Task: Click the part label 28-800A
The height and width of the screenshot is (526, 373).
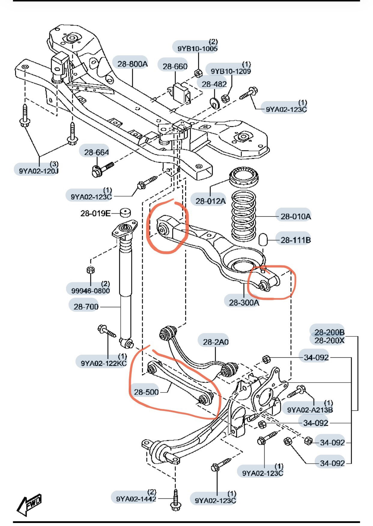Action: coord(132,64)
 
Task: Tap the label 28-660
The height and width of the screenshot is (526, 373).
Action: coord(175,66)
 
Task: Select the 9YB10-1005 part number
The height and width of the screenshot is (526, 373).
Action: coord(197,48)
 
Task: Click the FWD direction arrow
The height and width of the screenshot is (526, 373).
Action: coord(29,505)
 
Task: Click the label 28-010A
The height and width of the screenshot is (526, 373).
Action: coord(296,216)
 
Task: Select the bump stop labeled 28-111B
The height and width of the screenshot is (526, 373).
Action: coord(263,239)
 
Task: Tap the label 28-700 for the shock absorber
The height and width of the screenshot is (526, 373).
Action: coord(86,306)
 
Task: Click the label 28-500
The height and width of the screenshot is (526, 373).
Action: coord(146,392)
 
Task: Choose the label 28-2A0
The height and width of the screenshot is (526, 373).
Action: coord(216,342)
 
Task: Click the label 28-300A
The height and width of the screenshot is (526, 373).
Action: coord(244,302)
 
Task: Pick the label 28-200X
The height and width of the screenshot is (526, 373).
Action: coord(329,341)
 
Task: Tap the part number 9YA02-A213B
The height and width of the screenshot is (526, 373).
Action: coord(310,410)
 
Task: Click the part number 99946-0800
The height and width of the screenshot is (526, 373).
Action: coord(90,290)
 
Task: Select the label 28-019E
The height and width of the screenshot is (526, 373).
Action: coord(95,213)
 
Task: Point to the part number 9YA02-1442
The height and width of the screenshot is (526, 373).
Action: coord(136,499)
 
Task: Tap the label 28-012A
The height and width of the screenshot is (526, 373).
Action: coord(210,201)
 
